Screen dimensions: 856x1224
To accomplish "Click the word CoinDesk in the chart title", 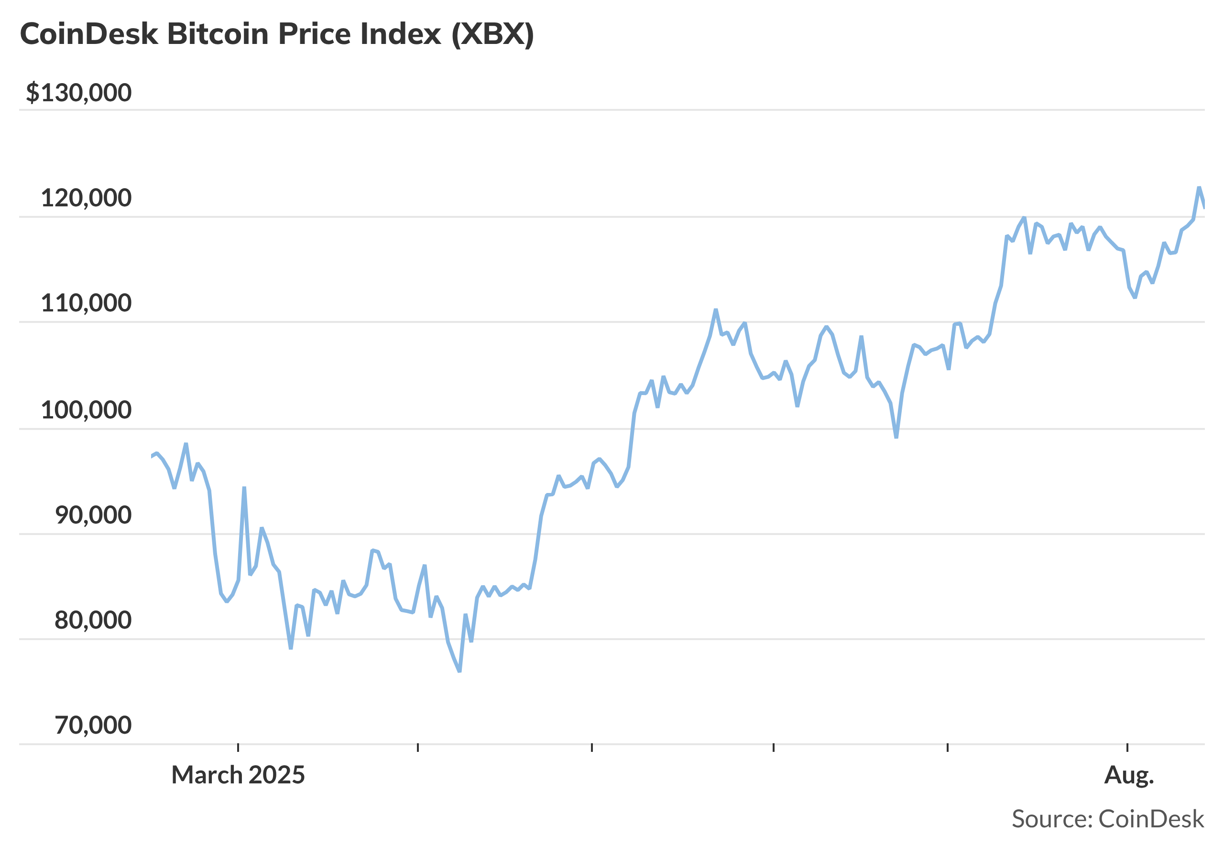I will pyautogui.click(x=89, y=34).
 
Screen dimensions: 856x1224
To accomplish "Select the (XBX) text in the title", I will pyautogui.click(x=492, y=34).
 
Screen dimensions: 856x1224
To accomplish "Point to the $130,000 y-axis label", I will pyautogui.click(x=78, y=93).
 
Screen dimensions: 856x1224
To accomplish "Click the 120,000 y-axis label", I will pyautogui.click(x=86, y=198).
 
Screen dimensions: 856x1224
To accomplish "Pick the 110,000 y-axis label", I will pyautogui.click(x=86, y=303).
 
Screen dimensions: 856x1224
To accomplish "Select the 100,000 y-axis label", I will pyautogui.click(x=86, y=410).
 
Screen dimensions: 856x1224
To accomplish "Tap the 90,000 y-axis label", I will pyautogui.click(x=93, y=515).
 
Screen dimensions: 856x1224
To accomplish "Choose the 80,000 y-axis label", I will pyautogui.click(x=93, y=620).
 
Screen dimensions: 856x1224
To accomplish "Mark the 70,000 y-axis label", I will pyautogui.click(x=93, y=725).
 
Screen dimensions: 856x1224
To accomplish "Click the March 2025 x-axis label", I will pyautogui.click(x=238, y=775).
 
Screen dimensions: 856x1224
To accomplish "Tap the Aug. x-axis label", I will pyautogui.click(x=1128, y=775).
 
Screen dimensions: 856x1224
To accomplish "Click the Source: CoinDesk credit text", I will pyautogui.click(x=1108, y=819).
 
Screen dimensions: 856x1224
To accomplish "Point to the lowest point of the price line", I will pyautogui.click(x=459, y=671).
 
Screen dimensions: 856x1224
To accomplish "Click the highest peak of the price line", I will pyautogui.click(x=1199, y=188).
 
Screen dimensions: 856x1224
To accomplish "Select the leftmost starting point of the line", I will pyautogui.click(x=152, y=457).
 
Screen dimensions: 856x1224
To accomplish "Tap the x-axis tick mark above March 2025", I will pyautogui.click(x=238, y=748).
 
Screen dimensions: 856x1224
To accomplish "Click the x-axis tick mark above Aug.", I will pyautogui.click(x=1127, y=748).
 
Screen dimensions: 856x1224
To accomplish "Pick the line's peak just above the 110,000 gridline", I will pyautogui.click(x=715, y=310).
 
